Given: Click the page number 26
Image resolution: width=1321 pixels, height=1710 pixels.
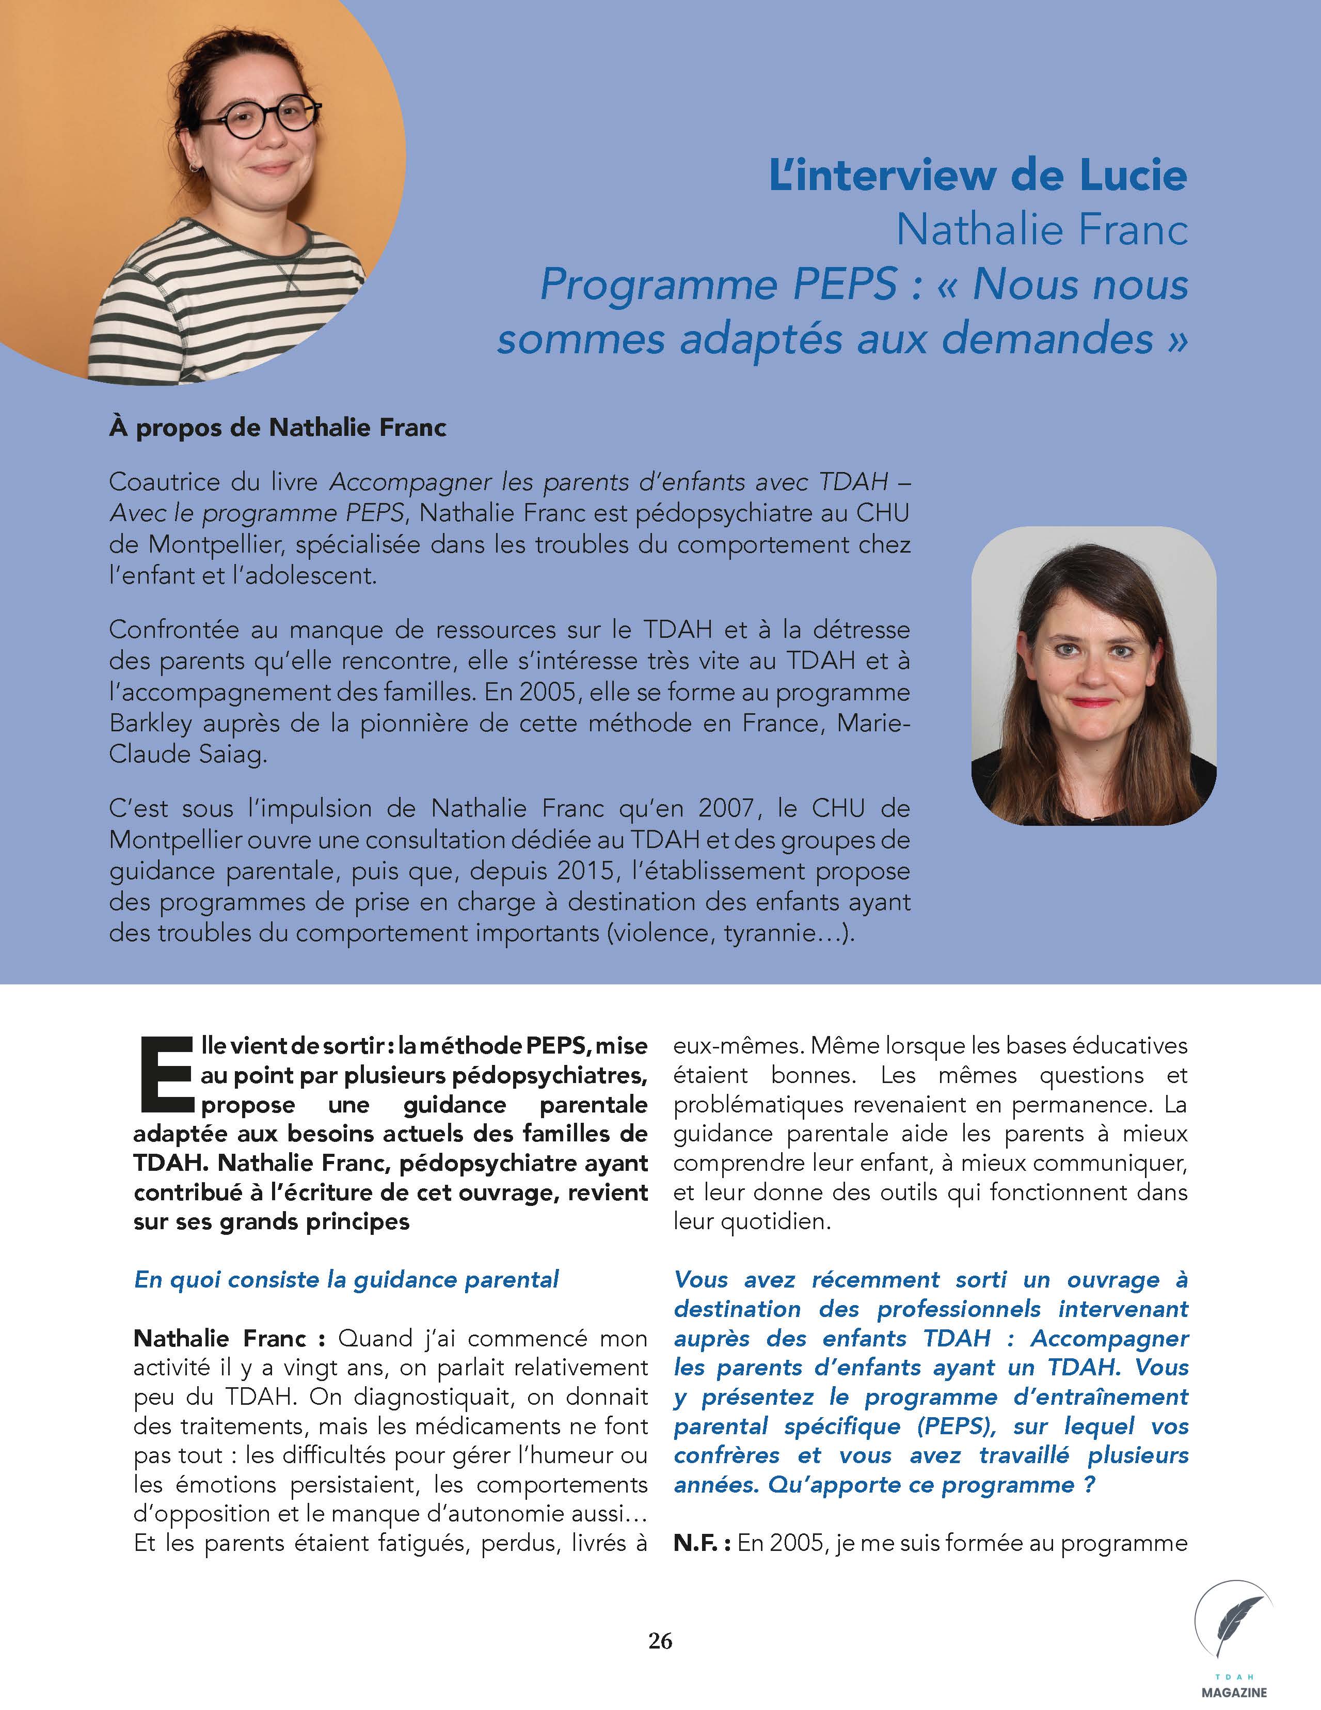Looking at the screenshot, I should tap(660, 1640).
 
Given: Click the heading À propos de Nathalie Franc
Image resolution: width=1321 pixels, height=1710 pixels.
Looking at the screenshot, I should tap(278, 428).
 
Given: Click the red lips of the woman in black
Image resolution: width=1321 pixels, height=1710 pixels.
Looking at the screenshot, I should tap(1092, 702).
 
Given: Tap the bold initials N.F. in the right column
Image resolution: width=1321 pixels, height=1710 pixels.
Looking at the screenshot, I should tap(701, 1543).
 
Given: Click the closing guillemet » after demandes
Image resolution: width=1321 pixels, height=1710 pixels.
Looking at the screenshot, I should tap(1177, 339).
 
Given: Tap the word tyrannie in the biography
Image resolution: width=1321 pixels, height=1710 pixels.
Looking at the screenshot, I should tap(765, 933).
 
